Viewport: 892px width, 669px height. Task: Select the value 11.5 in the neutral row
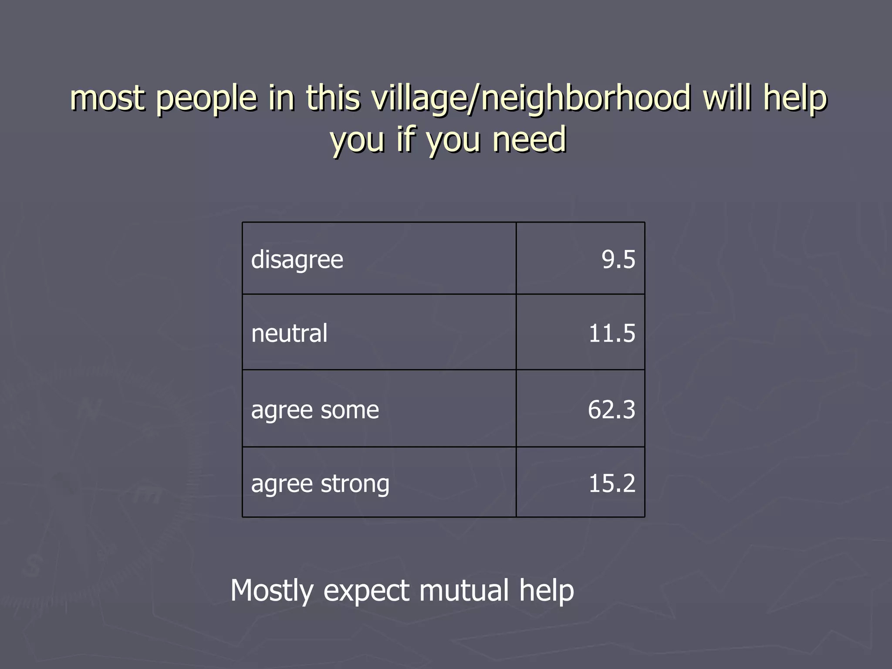(612, 333)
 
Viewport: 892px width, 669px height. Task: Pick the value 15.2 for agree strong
(612, 483)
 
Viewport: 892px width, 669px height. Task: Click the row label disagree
(297, 260)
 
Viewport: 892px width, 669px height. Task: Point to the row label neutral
(289, 334)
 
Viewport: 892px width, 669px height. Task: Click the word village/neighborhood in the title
(531, 98)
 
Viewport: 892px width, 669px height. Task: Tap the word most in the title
(107, 98)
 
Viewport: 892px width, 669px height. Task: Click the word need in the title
(529, 139)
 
